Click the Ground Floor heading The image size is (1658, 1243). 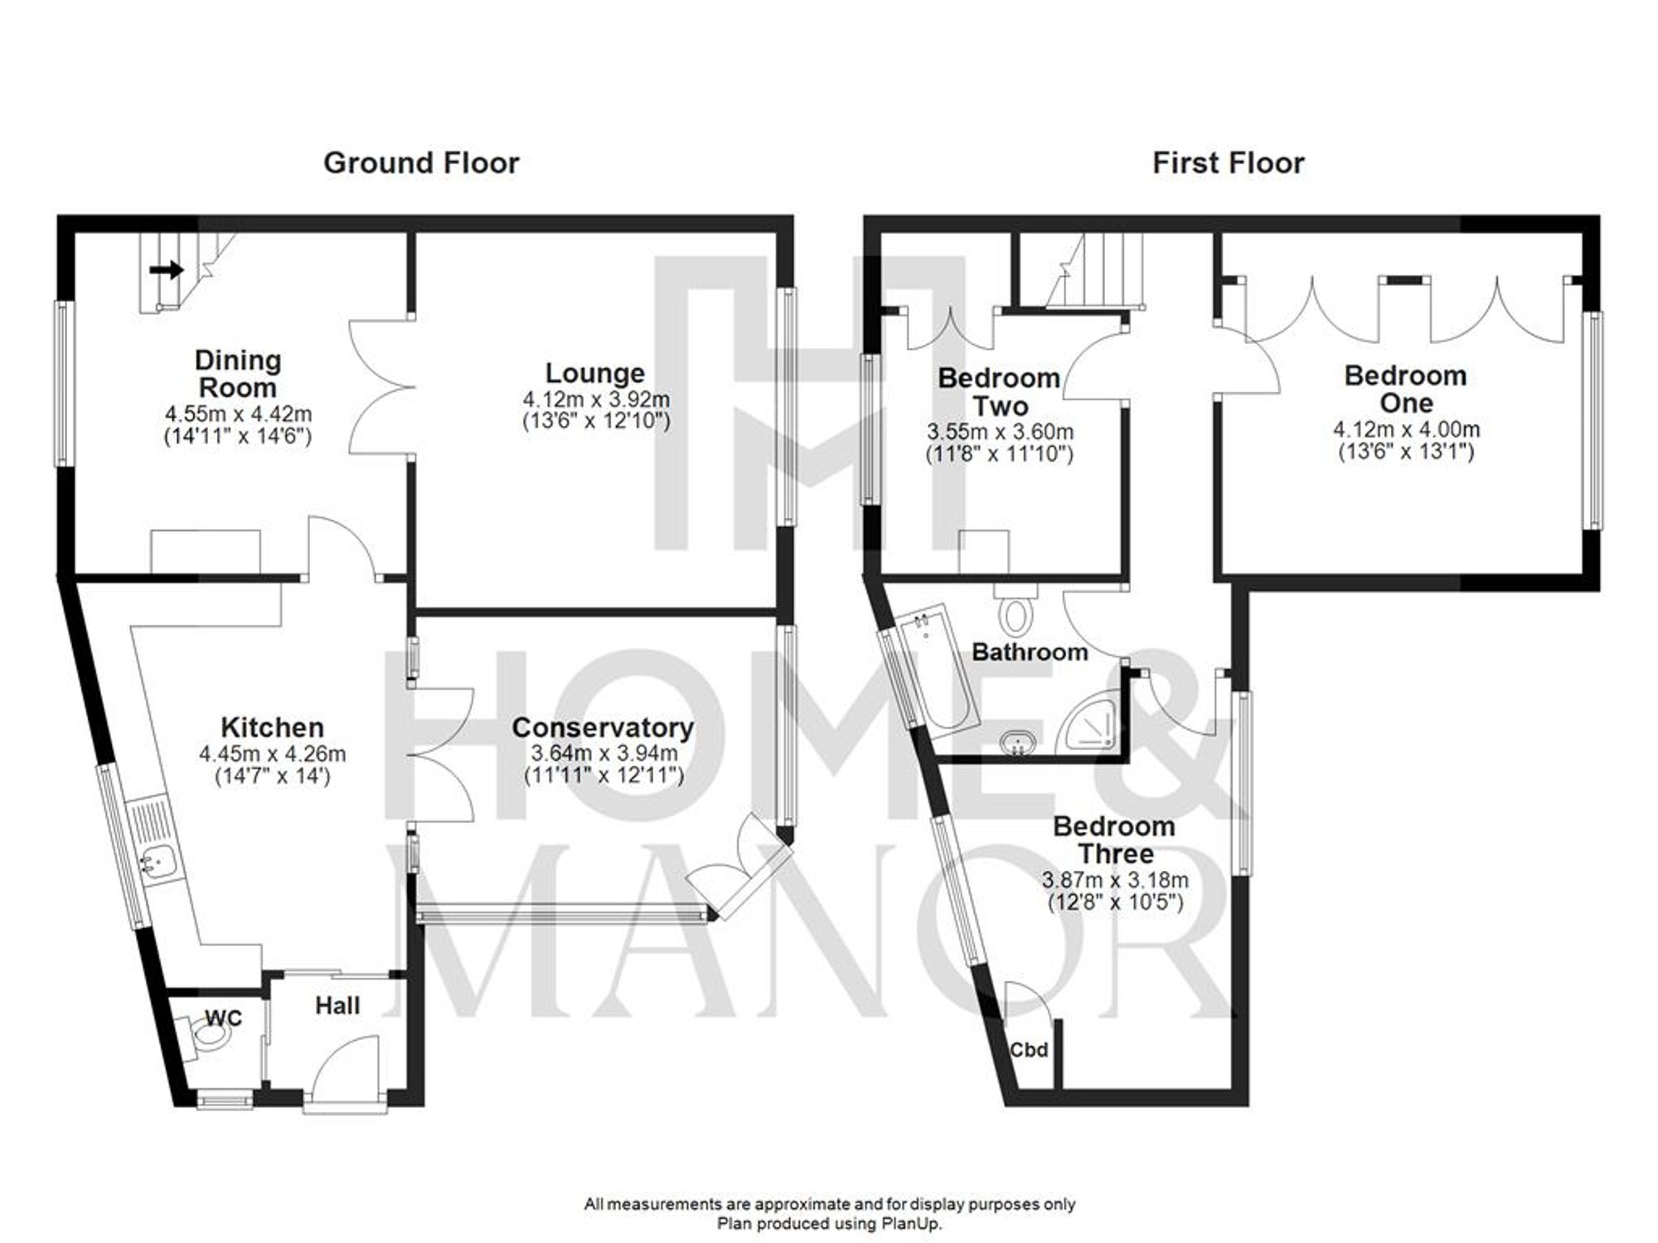(421, 163)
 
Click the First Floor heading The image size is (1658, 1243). (1228, 163)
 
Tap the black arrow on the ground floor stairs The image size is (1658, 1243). (167, 269)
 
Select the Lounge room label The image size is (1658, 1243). (594, 373)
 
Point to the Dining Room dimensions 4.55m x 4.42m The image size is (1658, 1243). (238, 414)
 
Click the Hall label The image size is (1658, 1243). (337, 1005)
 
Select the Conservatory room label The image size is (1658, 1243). (602, 728)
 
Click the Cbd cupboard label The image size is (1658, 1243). (1028, 1050)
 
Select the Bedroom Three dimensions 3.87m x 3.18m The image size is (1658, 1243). (1114, 880)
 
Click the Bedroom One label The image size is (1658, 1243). (1405, 389)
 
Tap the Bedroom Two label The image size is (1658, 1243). (999, 392)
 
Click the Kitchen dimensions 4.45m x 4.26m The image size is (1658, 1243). (272, 754)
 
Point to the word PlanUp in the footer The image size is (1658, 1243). (912, 1223)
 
